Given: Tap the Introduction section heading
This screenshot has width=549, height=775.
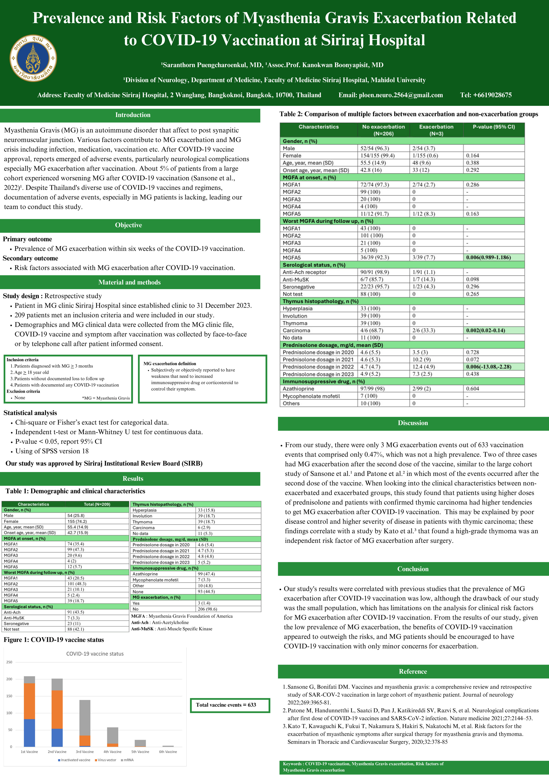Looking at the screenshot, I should coord(133,115).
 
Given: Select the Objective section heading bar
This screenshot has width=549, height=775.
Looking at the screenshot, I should coord(129,225).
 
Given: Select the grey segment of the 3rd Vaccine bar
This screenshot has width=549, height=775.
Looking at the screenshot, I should coord(85,717).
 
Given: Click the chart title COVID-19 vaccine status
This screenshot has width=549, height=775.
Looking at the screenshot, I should coord(95,654).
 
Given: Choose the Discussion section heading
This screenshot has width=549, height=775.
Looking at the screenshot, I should coord(413,423).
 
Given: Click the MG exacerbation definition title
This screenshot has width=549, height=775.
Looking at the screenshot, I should coord(170,364).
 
